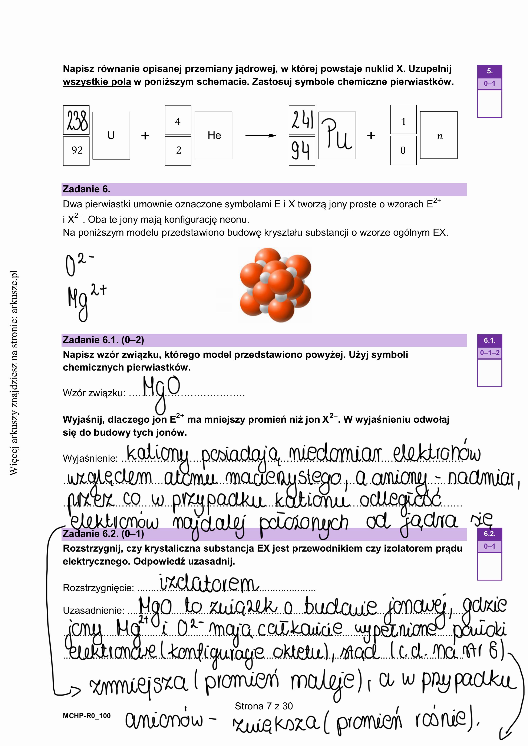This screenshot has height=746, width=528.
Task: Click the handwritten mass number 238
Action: [76, 120]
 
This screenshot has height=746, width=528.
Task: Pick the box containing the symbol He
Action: [214, 136]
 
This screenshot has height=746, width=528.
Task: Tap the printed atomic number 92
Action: [77, 150]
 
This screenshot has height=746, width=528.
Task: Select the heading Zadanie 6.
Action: [86, 189]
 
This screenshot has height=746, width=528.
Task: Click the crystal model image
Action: [275, 285]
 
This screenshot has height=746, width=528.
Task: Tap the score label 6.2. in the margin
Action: [489, 534]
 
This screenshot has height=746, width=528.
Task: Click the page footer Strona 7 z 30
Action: [264, 706]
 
